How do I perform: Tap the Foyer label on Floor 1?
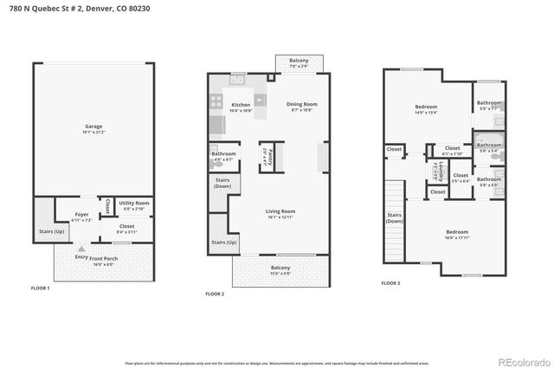point(81,217)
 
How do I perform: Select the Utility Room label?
point(134,204)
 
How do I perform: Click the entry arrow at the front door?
point(81,249)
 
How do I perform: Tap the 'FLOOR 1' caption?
point(41,288)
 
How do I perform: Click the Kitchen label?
point(240,106)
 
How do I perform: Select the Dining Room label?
point(302,107)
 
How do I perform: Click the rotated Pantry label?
point(270,158)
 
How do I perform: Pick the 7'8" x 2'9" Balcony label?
point(299,62)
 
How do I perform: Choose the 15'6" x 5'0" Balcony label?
point(280,271)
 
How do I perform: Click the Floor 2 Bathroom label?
point(223,157)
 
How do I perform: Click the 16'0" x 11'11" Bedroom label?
point(456,234)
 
